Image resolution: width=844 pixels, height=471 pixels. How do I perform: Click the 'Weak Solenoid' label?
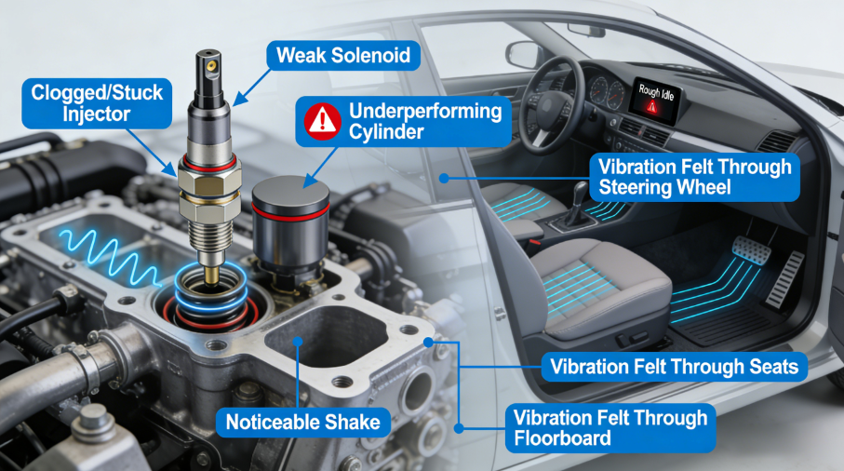pyautogui.click(x=343, y=56)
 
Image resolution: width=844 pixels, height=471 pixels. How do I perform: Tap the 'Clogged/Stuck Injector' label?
pyautogui.click(x=97, y=103)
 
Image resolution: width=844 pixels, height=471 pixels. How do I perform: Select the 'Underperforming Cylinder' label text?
pyautogui.click(x=425, y=121)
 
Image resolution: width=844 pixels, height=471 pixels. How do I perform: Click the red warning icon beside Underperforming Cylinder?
pyautogui.click(x=322, y=121)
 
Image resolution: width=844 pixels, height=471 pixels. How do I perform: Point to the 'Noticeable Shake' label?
pyautogui.click(x=302, y=422)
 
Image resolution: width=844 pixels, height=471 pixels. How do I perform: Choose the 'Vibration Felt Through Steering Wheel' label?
pyautogui.click(x=694, y=177)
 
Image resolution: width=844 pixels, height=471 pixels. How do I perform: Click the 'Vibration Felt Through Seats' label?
pyautogui.click(x=674, y=367)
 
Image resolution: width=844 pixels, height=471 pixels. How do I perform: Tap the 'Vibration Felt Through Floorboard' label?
pyautogui.click(x=610, y=427)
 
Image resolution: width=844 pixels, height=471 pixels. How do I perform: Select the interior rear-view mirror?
pyautogui.click(x=587, y=31)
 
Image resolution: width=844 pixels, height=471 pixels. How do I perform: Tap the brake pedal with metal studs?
pyautogui.click(x=751, y=249)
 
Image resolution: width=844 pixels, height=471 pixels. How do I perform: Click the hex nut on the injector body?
pyautogui.click(x=210, y=184)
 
